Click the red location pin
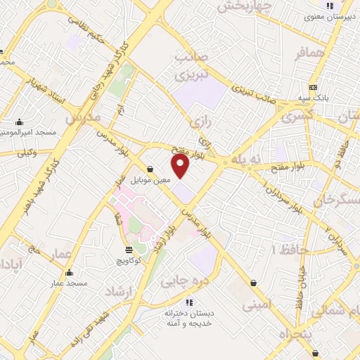click(181, 165)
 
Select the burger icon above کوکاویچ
click(128, 250)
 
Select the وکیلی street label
click(26, 151)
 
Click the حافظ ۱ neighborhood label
click(283, 250)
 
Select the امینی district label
click(256, 305)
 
